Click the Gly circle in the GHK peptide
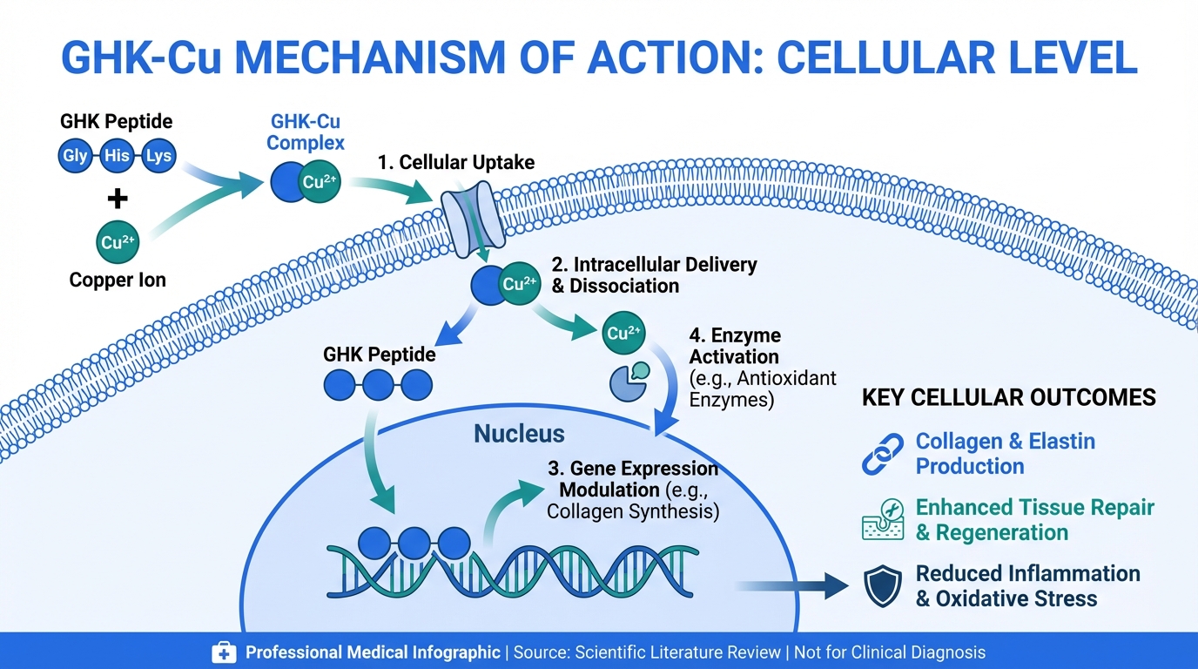[x=74, y=157]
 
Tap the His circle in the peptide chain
[x=117, y=157]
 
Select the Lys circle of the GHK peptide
[x=158, y=157]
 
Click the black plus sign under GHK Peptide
[x=117, y=199]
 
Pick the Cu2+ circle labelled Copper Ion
[x=118, y=242]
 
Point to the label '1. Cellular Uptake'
[x=456, y=162]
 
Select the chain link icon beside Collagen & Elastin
[x=883, y=454]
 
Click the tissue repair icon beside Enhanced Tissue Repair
[x=883, y=520]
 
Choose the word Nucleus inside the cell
[x=519, y=434]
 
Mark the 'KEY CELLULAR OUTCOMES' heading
[x=1008, y=398]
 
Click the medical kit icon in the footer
[x=224, y=652]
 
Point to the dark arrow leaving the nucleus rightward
[x=792, y=585]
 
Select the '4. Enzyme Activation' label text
[x=734, y=346]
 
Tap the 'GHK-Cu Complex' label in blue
[x=306, y=132]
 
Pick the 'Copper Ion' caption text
[x=118, y=281]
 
